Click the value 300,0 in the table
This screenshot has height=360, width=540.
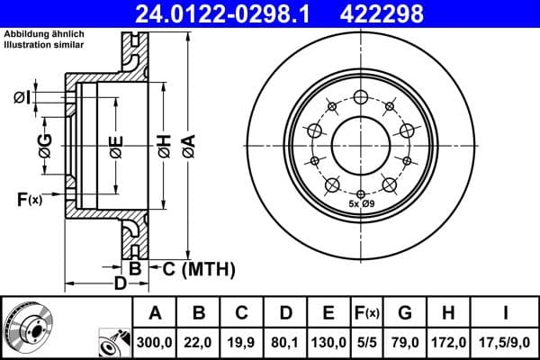tap(155, 342)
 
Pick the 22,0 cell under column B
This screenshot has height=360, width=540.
tap(199, 342)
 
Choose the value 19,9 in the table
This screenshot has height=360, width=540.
tap(241, 342)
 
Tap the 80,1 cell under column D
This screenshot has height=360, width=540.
tap(284, 342)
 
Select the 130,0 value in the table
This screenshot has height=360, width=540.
tap(328, 342)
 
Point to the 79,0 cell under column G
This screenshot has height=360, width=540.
tap(404, 342)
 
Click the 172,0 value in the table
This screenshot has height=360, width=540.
tap(447, 342)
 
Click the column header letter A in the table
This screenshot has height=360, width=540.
tap(155, 313)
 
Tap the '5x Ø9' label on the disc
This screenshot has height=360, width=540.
tap(361, 204)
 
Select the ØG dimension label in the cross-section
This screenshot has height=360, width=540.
tap(44, 144)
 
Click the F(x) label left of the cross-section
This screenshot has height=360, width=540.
tap(28, 198)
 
